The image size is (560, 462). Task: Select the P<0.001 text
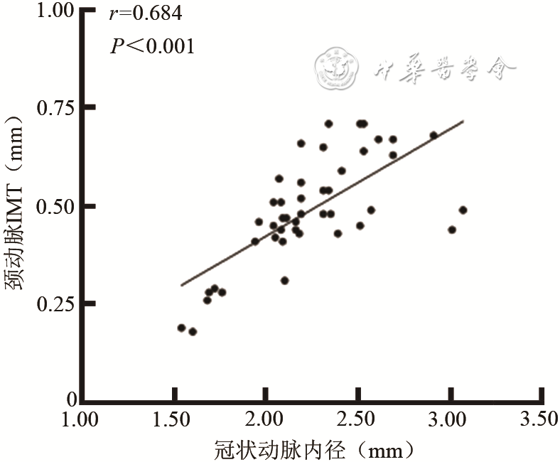152,46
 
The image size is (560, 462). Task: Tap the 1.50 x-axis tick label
173,421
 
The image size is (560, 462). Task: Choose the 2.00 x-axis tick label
265,421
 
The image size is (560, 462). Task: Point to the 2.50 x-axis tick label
357,421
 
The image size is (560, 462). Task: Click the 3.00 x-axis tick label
449,421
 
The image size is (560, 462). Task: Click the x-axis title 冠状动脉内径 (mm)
313,449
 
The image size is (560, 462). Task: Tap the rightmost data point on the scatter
463,210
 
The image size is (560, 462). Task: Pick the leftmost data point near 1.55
181,328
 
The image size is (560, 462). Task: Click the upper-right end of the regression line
463,121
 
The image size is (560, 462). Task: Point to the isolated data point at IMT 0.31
284,280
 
